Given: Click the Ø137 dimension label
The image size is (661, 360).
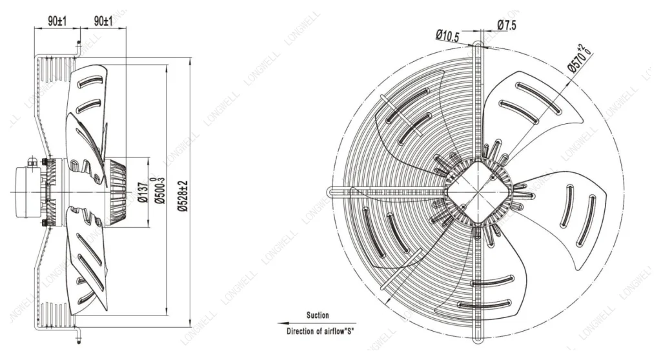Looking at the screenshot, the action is (x=143, y=192).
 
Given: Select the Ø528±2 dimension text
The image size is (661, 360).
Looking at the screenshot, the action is (x=182, y=195).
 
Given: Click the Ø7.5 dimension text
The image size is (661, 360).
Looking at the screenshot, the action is (x=507, y=25).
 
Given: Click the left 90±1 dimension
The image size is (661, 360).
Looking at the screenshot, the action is (x=57, y=21).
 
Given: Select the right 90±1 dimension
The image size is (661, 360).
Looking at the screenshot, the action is (x=103, y=21).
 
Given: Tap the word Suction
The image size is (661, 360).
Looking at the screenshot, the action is (x=318, y=315).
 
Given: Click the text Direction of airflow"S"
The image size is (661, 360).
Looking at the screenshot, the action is (x=320, y=331).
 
